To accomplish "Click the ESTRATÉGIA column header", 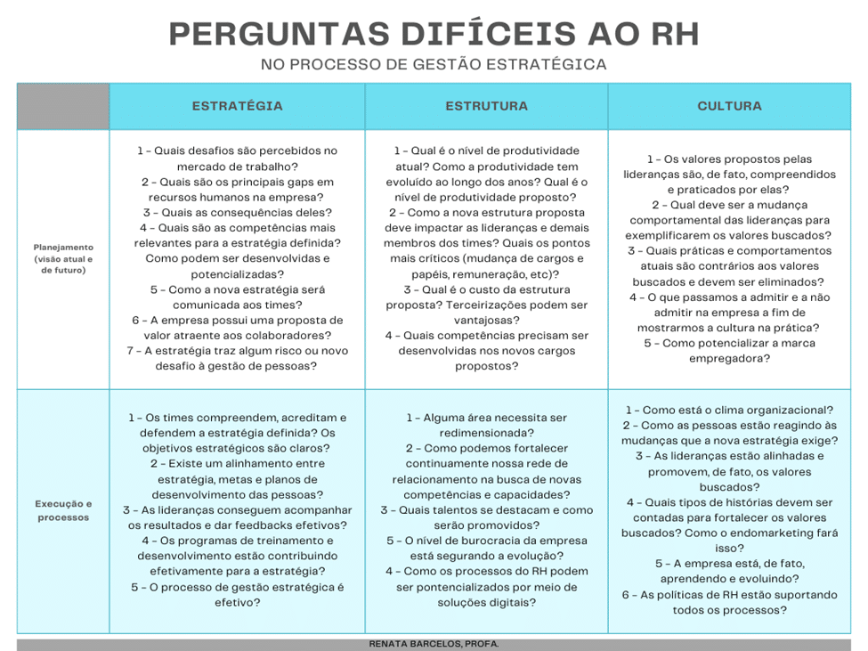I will [x=237, y=106].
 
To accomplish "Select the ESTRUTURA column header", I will [x=486, y=106].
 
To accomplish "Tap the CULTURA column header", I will [x=729, y=106].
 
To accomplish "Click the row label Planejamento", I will [x=63, y=247].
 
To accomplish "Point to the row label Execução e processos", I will [x=63, y=510].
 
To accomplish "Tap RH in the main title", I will [x=674, y=34].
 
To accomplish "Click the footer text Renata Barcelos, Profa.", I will [x=434, y=644].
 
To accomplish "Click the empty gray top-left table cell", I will [x=63, y=106].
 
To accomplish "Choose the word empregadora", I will [x=729, y=358].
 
